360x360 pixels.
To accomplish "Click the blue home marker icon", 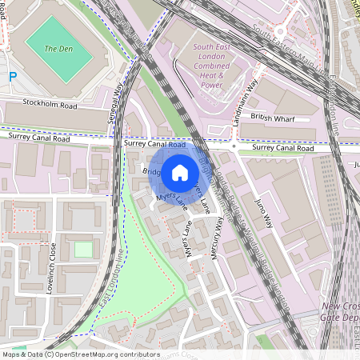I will [180, 172].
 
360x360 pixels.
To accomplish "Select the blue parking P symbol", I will [12, 77].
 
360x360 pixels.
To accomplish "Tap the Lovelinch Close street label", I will [50, 269].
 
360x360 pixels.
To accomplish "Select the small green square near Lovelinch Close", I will [83, 249].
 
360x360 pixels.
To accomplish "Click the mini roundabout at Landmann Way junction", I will [234, 147].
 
